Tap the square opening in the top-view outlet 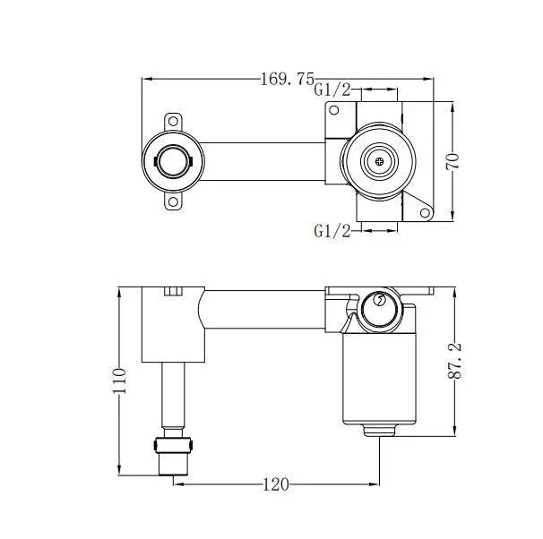pyautogui.click(x=172, y=162)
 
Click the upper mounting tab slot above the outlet pyautogui.click(x=172, y=119)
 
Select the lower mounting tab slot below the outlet pyautogui.click(x=172, y=204)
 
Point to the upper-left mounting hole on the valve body pyautogui.click(x=334, y=111)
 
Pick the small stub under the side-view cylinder pyautogui.click(x=381, y=430)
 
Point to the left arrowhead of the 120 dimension pyautogui.click(x=177, y=484)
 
